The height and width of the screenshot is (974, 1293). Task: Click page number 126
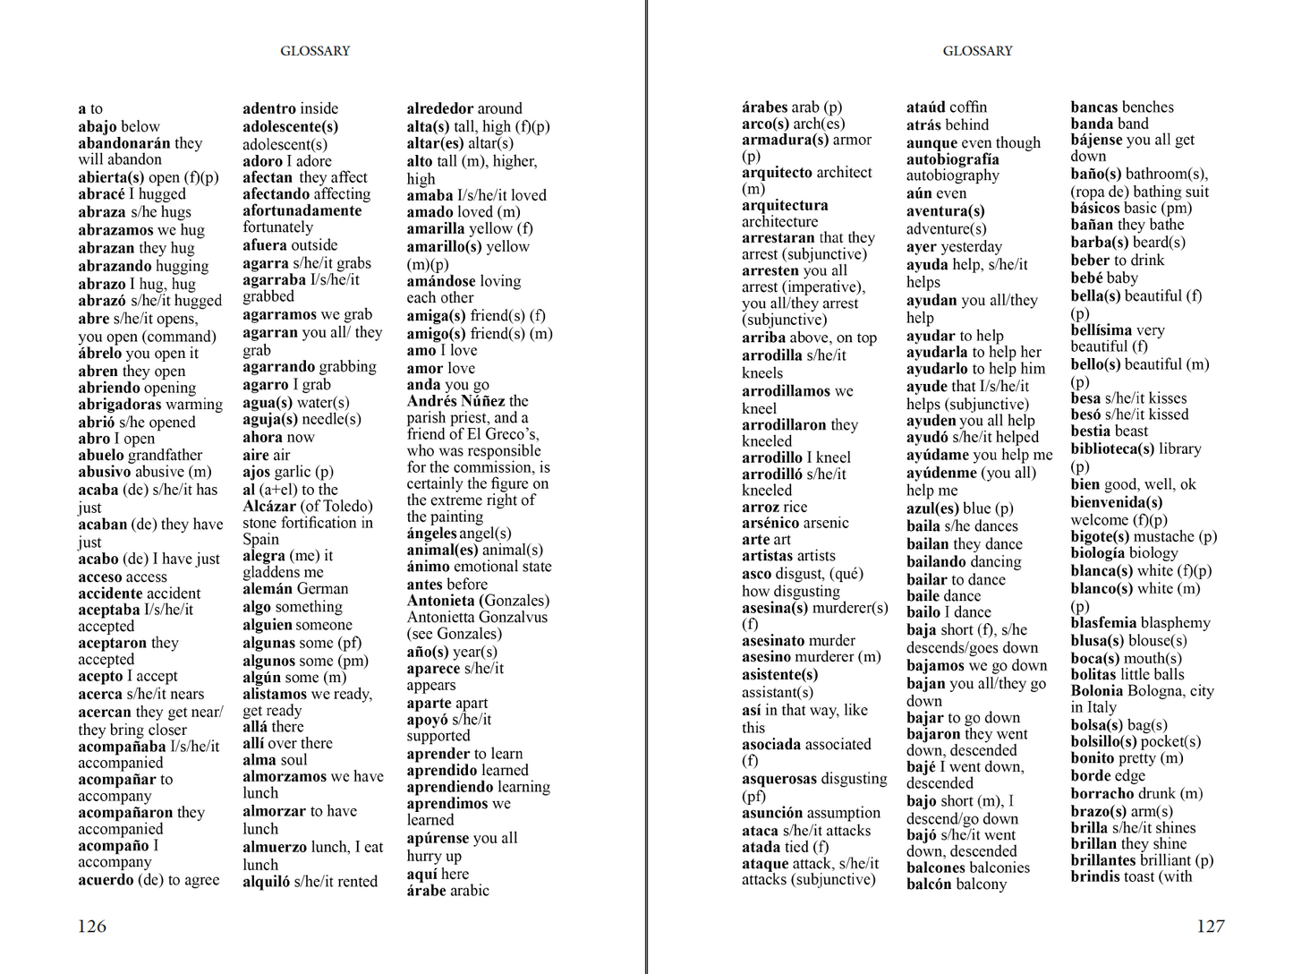(92, 927)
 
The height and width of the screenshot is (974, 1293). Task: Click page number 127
(1210, 927)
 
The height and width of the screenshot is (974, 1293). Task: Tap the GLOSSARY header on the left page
(315, 51)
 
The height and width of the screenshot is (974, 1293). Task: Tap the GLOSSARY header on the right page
(977, 51)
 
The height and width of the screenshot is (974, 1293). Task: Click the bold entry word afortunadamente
(302, 210)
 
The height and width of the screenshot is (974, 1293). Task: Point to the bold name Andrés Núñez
(455, 401)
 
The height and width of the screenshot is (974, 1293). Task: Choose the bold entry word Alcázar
(269, 506)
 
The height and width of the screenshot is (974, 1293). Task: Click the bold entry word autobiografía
(952, 159)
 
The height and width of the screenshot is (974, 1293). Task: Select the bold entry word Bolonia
(1096, 690)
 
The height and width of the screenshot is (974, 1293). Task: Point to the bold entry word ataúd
(926, 107)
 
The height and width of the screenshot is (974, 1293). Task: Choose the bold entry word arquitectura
(785, 205)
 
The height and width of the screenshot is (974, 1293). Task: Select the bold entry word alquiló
(266, 881)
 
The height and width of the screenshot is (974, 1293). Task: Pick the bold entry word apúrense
(438, 838)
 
